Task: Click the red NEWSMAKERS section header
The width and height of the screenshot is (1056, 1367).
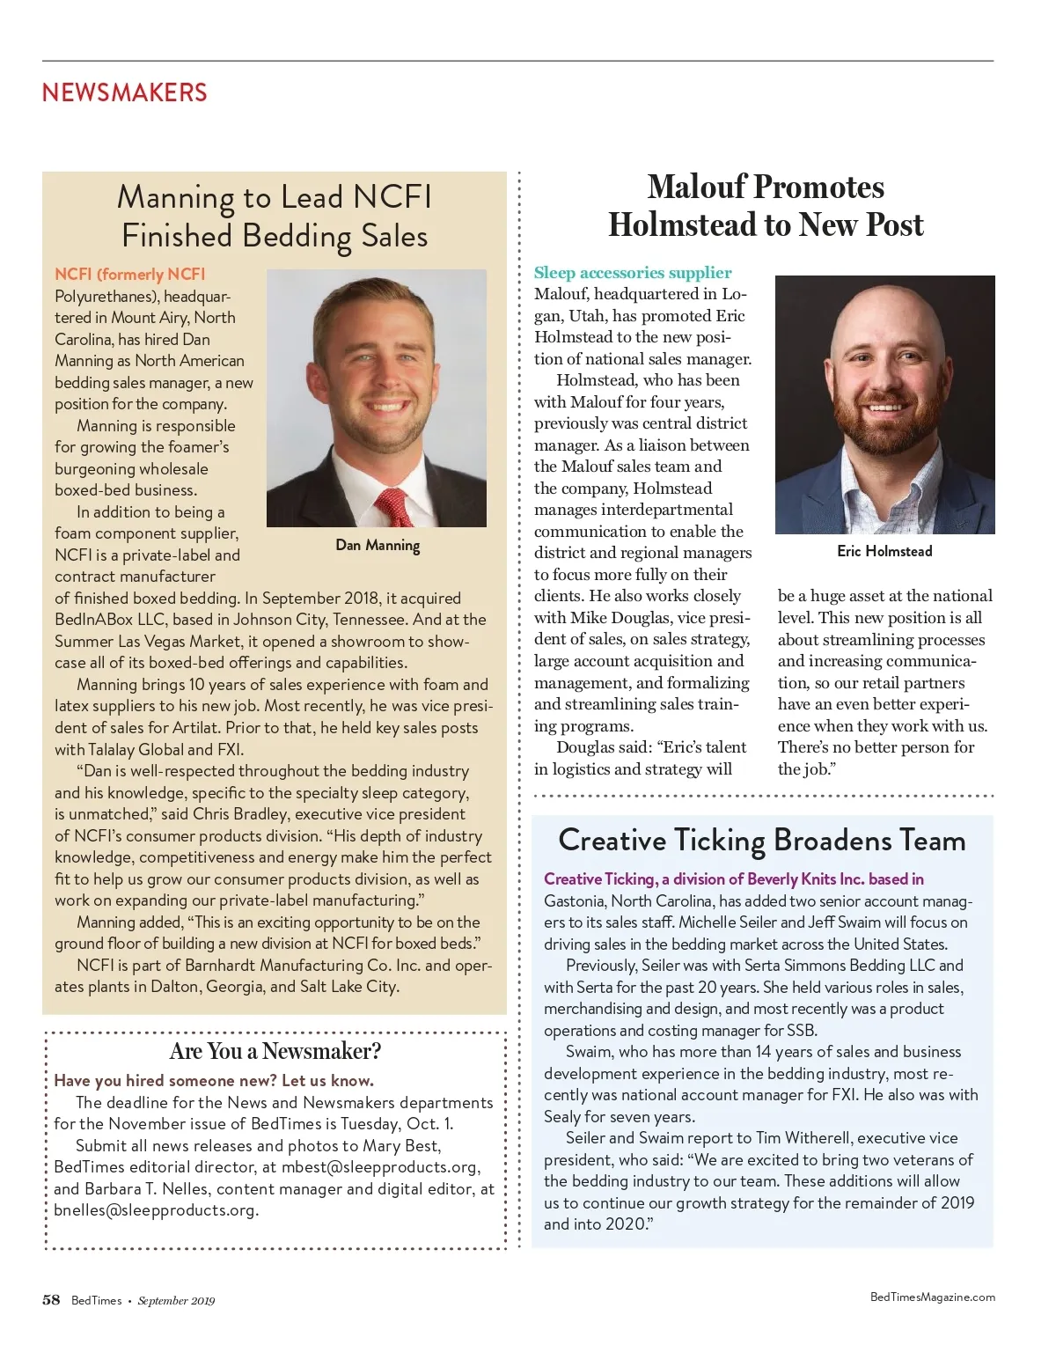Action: tap(124, 92)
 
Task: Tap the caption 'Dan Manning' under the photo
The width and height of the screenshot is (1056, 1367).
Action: tap(378, 545)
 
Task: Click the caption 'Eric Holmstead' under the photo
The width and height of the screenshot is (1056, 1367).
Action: tap(884, 551)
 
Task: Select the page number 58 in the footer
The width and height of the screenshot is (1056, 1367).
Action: tap(51, 1300)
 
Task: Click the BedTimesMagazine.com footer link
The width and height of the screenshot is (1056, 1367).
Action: tap(932, 1297)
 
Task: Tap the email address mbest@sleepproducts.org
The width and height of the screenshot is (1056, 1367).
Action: tap(379, 1167)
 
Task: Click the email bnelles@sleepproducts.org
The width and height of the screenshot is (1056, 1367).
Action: tap(155, 1210)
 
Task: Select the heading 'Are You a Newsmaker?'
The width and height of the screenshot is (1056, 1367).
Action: tap(275, 1051)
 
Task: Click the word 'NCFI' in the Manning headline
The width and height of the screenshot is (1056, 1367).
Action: tap(392, 197)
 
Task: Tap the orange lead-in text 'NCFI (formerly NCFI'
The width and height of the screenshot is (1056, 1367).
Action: tap(129, 275)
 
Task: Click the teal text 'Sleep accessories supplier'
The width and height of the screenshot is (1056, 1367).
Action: tap(633, 273)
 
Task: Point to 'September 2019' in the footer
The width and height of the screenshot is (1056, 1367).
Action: tap(176, 1301)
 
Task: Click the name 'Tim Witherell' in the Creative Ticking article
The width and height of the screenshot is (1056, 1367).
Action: tap(799, 1138)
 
